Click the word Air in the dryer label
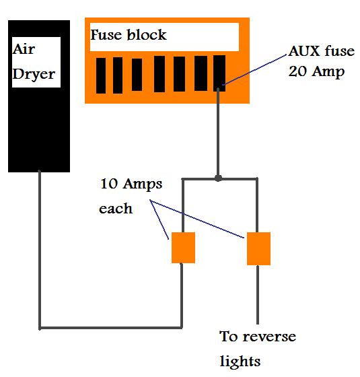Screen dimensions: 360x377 [x=24, y=49]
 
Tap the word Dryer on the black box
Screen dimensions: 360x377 [x=34, y=74]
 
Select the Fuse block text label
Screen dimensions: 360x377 [x=129, y=34]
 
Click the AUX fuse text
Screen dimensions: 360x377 [x=322, y=51]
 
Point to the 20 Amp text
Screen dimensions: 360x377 [x=316, y=71]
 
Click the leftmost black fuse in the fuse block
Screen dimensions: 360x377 [x=101, y=75]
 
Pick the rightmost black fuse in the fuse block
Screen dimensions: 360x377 [x=219, y=73]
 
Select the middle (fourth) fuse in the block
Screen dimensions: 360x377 [x=159, y=74]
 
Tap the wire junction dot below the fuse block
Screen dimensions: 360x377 [x=218, y=178]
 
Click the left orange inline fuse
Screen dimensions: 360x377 [x=183, y=248]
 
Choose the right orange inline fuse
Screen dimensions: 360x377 [x=258, y=248]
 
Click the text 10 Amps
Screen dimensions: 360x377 [x=131, y=184]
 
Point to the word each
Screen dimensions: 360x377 [x=116, y=208]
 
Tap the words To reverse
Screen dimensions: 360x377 [x=258, y=336]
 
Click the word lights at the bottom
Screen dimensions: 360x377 [x=240, y=362]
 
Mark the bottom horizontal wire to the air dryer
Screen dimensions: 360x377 [x=111, y=328]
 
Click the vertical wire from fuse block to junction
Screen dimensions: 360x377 [x=218, y=133]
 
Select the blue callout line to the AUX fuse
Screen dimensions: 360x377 [x=255, y=70]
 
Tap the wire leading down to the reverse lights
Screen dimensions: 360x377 [x=258, y=295]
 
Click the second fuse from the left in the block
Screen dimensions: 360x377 [x=118, y=75]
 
